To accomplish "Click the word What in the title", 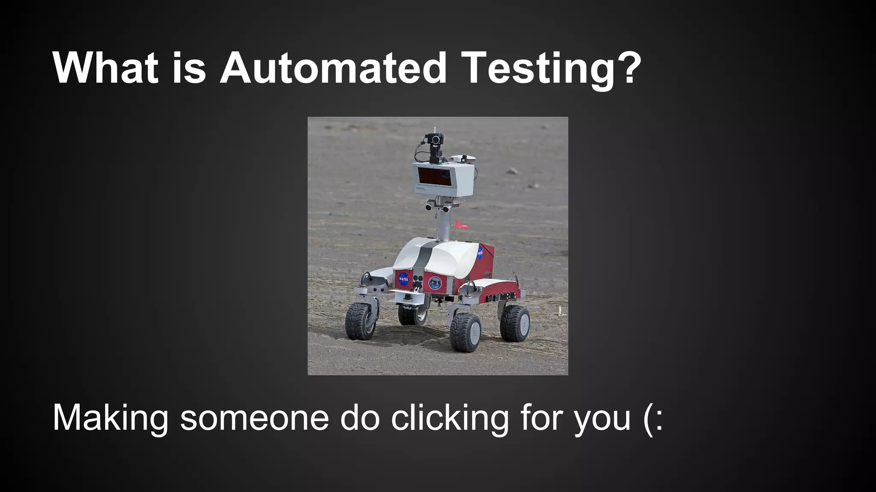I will click(x=105, y=68).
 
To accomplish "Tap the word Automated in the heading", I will click(x=333, y=68).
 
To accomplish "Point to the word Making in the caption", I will click(x=110, y=418).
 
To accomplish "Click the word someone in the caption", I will click(x=254, y=418).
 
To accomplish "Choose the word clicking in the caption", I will click(x=450, y=418).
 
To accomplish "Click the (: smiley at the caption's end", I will click(x=653, y=418).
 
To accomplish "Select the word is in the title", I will click(x=189, y=68).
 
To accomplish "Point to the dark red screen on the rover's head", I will click(x=434, y=176).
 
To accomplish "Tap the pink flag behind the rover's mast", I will click(x=460, y=225).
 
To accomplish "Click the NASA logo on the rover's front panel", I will click(x=403, y=279).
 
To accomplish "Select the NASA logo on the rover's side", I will click(x=480, y=253).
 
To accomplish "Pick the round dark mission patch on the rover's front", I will click(x=435, y=282).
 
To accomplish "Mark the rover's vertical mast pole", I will click(x=444, y=226).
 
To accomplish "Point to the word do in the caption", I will click(x=360, y=418).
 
